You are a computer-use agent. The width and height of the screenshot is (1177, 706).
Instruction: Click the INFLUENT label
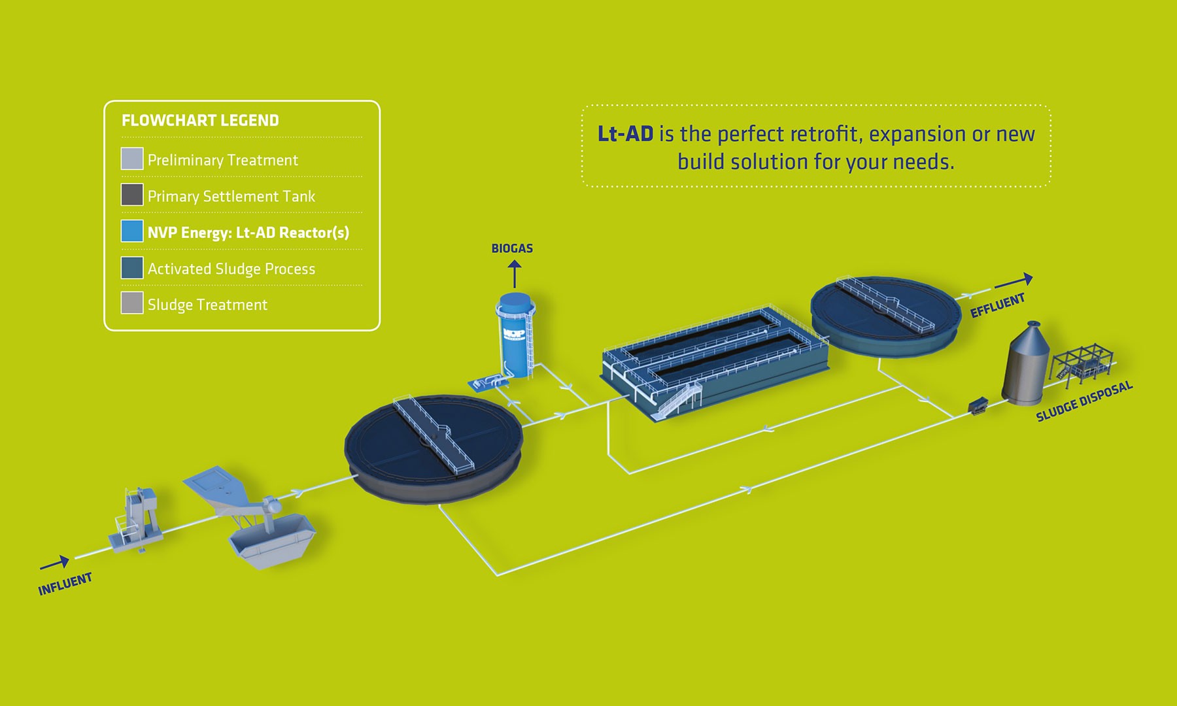click(65, 584)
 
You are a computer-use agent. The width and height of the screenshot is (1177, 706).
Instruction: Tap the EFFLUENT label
click(997, 305)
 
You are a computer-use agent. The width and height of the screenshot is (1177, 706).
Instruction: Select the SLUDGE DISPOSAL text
click(1084, 401)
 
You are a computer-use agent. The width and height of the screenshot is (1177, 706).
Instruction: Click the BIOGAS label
click(512, 248)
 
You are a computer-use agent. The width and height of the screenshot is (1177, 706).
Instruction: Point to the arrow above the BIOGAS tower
click(515, 274)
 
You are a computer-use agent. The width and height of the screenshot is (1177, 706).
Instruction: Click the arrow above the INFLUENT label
click(55, 563)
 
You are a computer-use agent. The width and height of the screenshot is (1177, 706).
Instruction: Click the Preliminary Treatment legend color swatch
click(132, 159)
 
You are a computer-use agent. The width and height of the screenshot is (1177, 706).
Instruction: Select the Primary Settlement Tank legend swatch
click(132, 195)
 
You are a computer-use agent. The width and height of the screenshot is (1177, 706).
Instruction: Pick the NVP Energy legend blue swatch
click(132, 231)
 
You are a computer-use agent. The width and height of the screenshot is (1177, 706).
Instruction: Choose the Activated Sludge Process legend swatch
click(132, 267)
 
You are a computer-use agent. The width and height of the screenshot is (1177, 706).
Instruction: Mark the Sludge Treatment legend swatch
click(132, 303)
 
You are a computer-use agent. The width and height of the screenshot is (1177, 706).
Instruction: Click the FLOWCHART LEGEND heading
click(200, 120)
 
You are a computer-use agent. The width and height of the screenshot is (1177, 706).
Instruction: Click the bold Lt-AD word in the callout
click(625, 134)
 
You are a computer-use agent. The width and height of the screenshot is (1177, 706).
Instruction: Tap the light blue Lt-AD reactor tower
click(516, 335)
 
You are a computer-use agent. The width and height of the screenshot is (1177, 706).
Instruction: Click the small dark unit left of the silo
click(978, 405)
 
